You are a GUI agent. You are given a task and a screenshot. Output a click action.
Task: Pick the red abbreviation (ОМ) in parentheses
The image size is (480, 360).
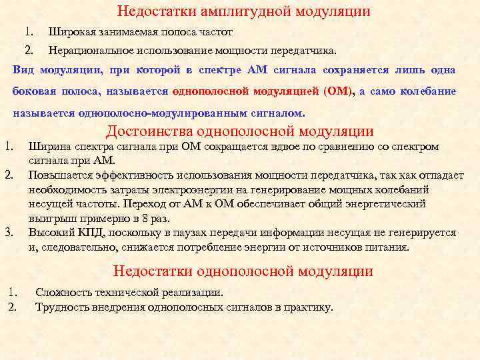coord(338,91)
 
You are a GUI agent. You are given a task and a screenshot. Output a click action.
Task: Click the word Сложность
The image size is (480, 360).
coord(65,292)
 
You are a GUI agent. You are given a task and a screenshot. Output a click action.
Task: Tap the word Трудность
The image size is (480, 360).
coord(64,307)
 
